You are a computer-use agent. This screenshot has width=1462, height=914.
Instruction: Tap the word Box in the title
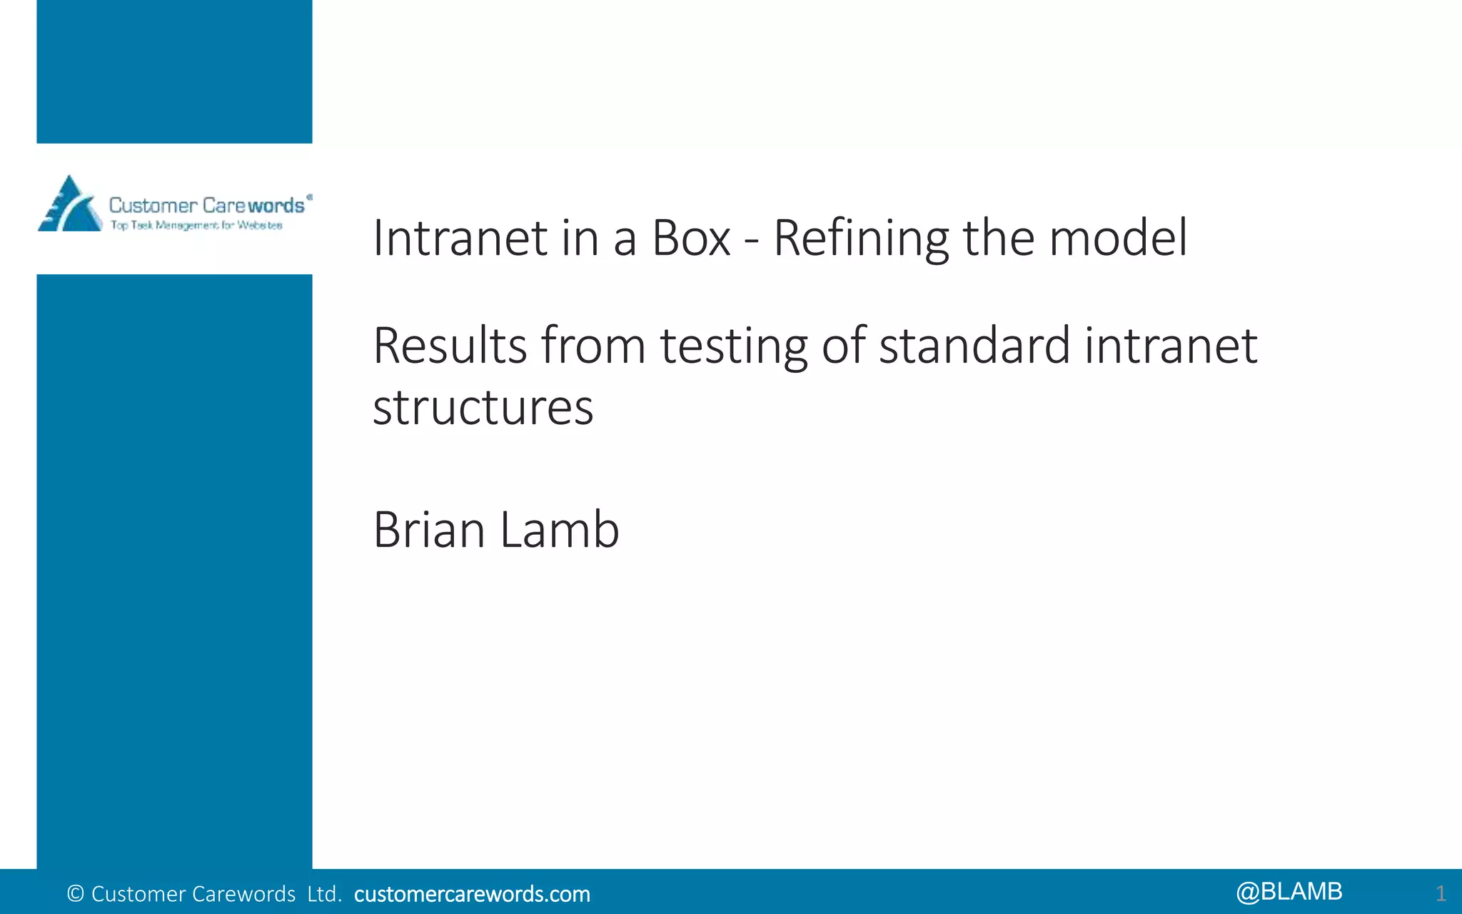[x=691, y=238]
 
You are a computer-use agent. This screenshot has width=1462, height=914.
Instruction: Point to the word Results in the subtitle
[x=450, y=346]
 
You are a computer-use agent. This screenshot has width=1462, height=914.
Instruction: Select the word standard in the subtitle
[x=974, y=346]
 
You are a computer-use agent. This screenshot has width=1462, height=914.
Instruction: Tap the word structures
[x=483, y=408]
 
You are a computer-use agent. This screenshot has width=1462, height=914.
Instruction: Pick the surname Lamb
[x=559, y=530]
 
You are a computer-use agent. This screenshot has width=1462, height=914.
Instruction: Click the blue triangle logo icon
[x=69, y=205]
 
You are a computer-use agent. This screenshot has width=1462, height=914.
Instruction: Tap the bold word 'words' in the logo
[x=276, y=206]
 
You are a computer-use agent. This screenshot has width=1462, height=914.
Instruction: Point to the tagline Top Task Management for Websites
[x=196, y=226]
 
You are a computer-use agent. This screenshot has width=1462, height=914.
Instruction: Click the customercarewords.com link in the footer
[x=472, y=894]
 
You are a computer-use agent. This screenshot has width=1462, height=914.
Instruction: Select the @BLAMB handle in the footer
[x=1289, y=892]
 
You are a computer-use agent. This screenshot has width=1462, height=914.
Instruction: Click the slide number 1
[x=1441, y=893]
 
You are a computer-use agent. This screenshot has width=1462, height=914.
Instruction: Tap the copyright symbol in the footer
[x=75, y=894]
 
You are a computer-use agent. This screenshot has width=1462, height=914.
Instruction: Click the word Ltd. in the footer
[x=325, y=894]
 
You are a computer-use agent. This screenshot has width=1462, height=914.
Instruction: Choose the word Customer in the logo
[x=153, y=206]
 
